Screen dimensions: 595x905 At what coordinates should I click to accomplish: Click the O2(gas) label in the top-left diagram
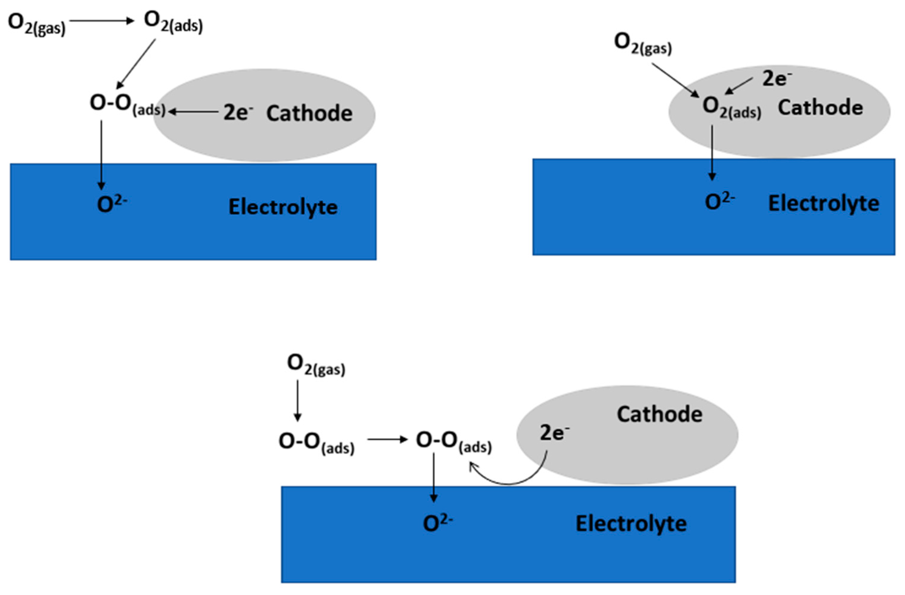point(36,24)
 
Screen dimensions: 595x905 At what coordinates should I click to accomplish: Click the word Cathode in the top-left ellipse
point(309,113)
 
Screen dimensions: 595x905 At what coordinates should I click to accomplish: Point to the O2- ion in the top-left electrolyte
point(111,204)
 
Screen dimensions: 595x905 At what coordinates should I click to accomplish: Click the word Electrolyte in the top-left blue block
point(283,207)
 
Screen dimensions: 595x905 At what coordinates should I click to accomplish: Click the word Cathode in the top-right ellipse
point(820,108)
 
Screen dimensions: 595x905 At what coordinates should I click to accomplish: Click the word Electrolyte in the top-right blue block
point(824,204)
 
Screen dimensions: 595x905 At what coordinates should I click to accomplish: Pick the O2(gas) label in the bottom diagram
point(316,365)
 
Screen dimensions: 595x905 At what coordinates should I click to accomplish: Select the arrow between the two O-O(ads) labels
point(387,439)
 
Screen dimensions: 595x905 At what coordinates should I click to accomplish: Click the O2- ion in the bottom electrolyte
point(438,523)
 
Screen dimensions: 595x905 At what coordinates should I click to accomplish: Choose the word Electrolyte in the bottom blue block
point(631,524)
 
